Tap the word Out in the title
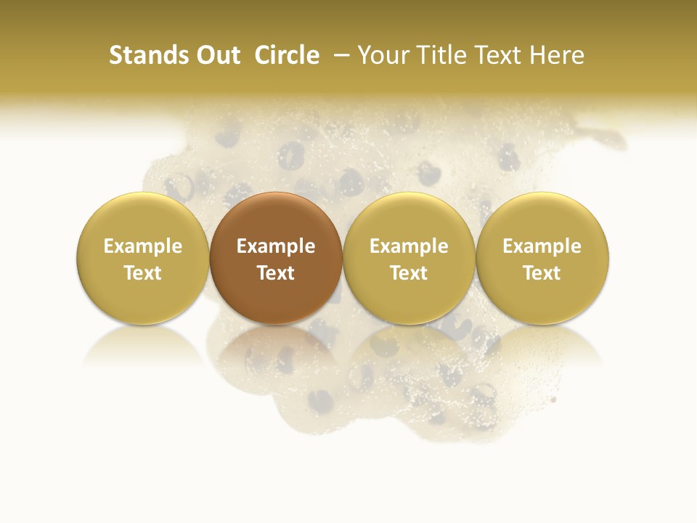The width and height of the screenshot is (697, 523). point(216,55)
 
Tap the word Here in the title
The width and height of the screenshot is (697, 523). point(557,55)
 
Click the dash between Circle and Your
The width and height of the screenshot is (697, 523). point(340,55)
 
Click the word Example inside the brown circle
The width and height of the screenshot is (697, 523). point(276,246)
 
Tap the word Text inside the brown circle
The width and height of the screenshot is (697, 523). point(276,273)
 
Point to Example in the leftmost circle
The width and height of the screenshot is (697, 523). point(143,246)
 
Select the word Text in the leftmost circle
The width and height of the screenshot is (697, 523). point(143,273)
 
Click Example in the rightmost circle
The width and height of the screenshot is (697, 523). point(542,246)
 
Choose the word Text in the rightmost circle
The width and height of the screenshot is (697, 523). point(542,273)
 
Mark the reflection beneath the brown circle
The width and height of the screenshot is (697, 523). point(276,349)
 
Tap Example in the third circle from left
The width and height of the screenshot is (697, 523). point(409,246)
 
